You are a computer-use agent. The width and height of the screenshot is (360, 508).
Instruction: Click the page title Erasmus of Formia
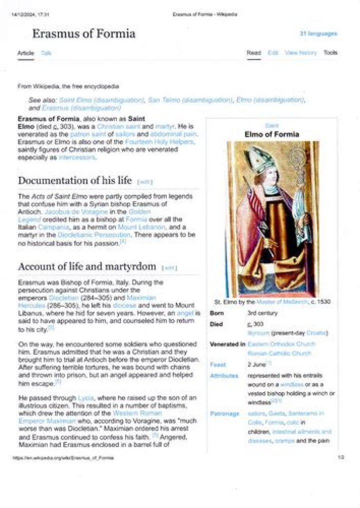83,34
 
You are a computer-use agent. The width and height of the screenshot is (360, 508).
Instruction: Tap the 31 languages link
318,33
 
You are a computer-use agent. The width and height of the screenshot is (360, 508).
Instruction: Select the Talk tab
46,53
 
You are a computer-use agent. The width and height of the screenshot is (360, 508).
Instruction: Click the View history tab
300,52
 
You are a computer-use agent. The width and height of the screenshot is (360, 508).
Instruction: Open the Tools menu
330,52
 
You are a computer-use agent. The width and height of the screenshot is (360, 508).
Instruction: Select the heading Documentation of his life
75,180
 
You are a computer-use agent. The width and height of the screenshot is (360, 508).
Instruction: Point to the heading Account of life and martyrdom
87,267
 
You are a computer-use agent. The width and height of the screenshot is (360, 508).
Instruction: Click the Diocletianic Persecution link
86,234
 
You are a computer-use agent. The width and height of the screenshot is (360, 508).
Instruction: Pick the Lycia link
85,398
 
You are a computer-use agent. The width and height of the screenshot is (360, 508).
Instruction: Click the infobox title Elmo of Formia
271,134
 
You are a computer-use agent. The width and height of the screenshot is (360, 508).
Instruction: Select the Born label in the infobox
216,313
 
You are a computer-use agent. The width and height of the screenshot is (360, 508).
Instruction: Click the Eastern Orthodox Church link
281,344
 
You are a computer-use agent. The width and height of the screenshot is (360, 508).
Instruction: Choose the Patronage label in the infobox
224,414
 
